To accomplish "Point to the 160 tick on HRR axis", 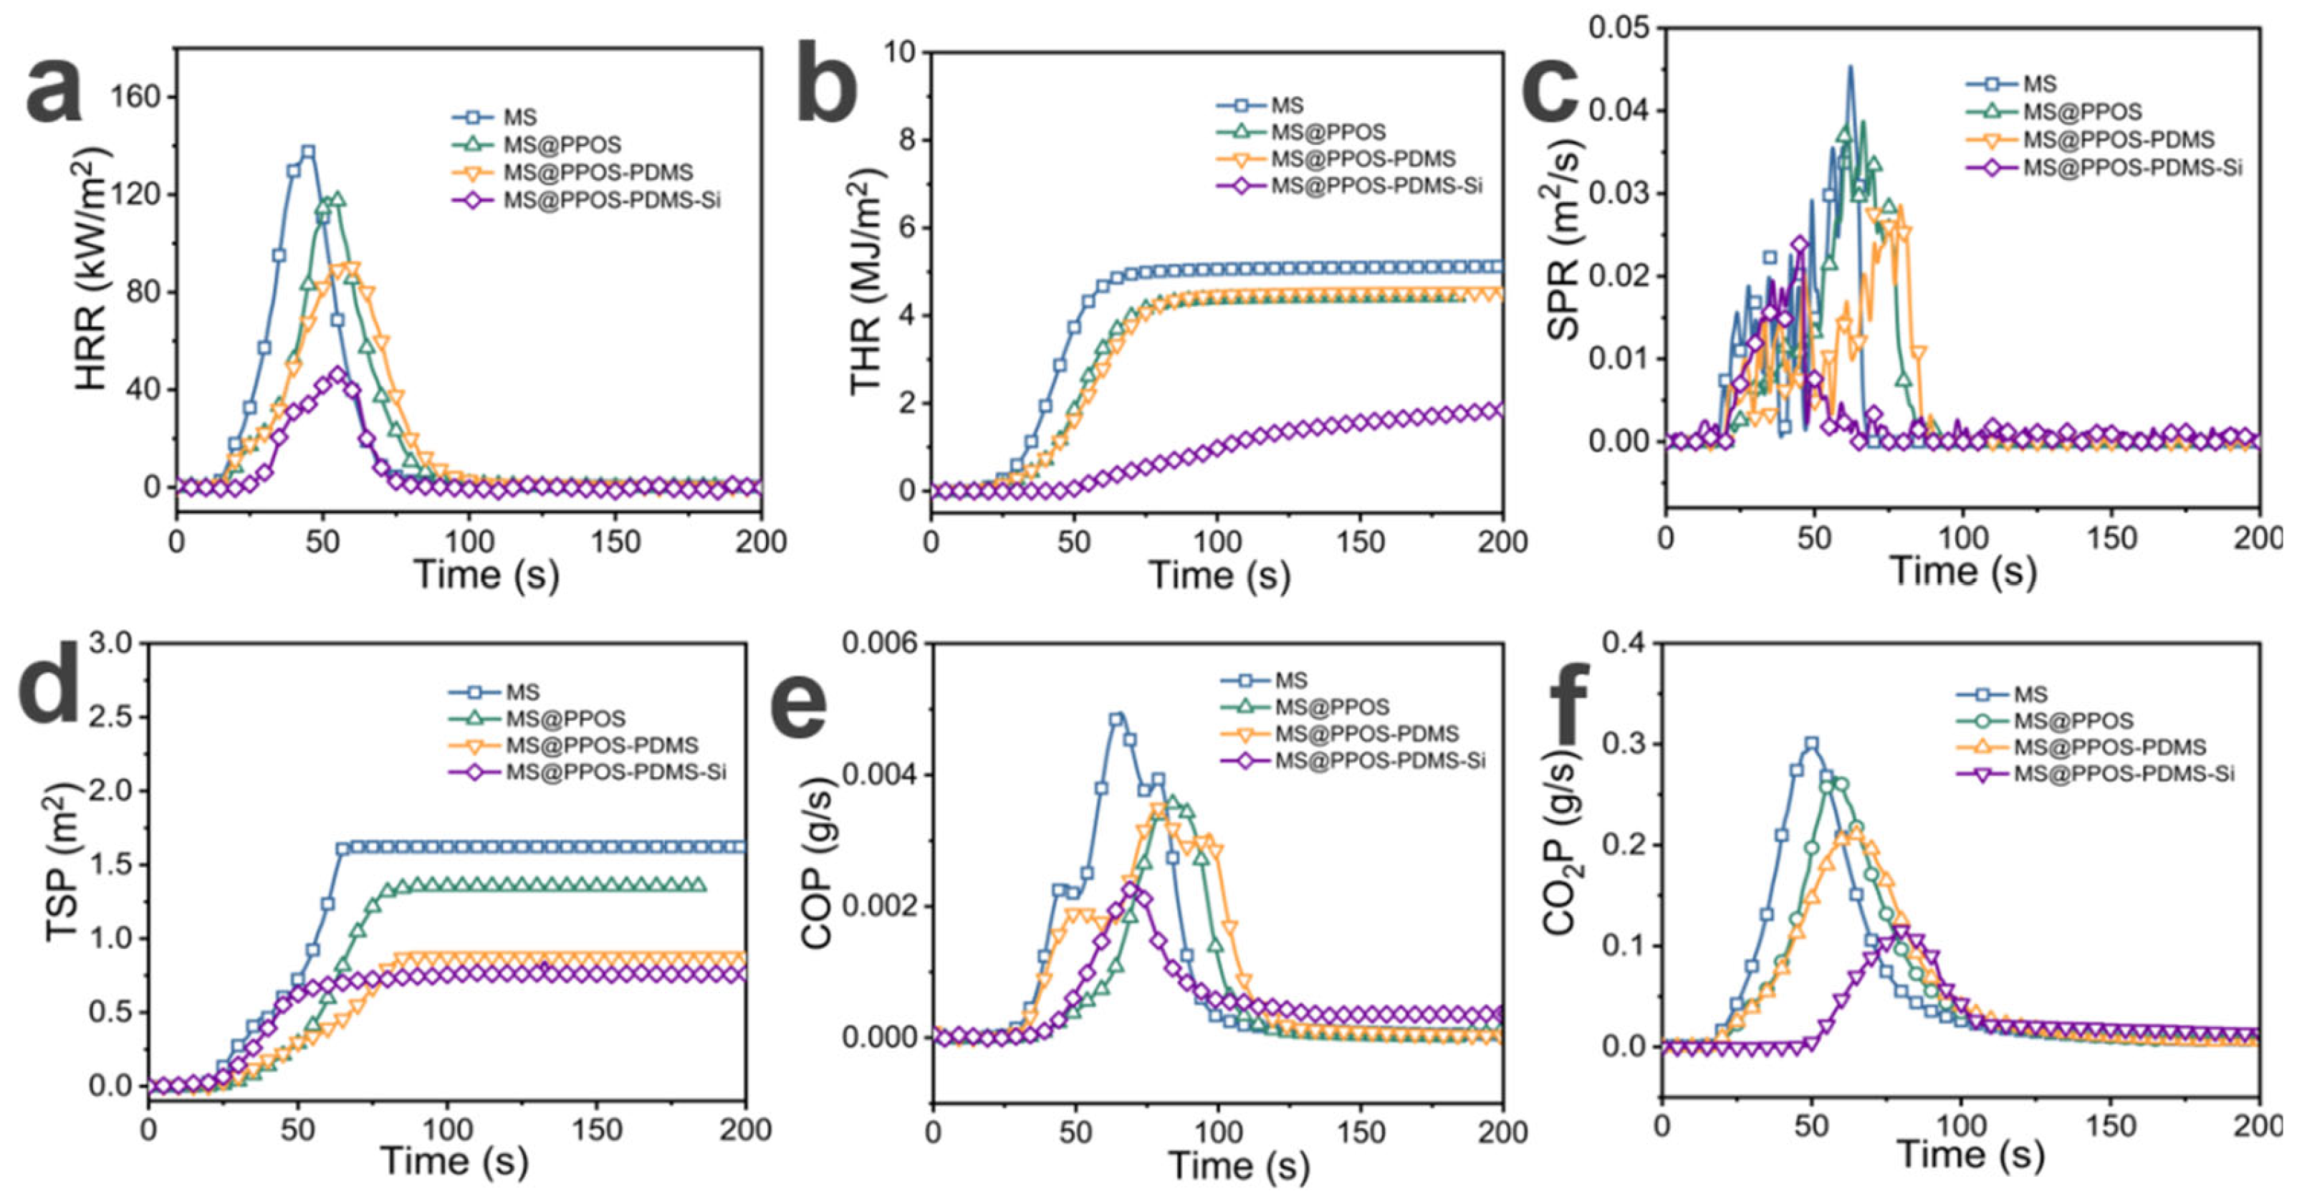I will [x=134, y=97].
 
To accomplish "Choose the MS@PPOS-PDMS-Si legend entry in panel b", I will [x=1376, y=186].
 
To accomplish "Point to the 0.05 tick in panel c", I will [x=1618, y=28].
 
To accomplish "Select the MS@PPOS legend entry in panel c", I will [x=2081, y=112].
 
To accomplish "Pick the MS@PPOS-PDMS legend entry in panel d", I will [x=601, y=745].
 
